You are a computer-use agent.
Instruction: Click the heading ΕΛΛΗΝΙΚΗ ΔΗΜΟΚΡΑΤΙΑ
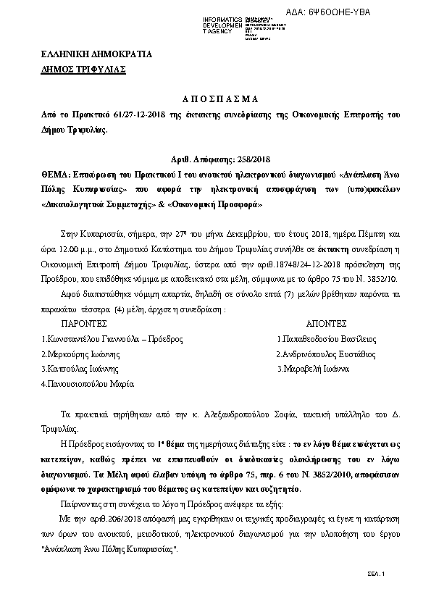tap(85, 55)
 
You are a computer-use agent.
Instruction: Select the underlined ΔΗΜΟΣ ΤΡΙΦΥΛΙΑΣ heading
tap(84, 70)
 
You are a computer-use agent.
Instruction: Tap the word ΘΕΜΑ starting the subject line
tap(56, 154)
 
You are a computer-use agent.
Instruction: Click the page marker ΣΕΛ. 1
tap(377, 574)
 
